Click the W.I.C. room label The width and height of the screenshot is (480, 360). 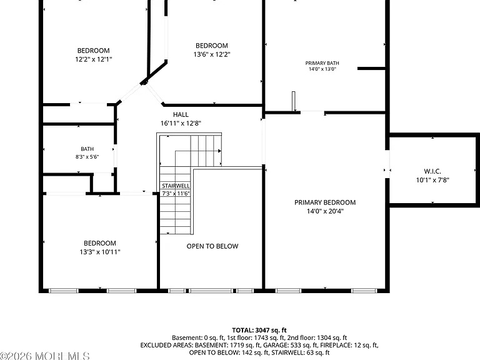click(x=432, y=171)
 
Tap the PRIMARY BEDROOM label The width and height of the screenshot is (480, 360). click(x=325, y=202)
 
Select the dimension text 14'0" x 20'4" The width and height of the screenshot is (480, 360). click(x=325, y=211)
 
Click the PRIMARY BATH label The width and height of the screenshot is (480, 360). click(x=322, y=63)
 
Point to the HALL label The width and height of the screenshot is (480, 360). click(x=181, y=114)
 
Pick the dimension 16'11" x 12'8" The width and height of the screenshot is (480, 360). click(x=181, y=123)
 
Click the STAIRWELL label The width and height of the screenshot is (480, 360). click(x=176, y=186)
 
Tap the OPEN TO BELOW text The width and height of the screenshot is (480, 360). click(x=212, y=246)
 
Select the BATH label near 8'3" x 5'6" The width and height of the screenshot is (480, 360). click(x=87, y=149)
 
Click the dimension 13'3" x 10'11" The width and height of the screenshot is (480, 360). click(x=100, y=252)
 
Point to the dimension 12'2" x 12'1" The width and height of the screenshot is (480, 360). click(x=94, y=59)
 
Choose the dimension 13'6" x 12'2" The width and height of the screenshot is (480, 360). click(x=212, y=54)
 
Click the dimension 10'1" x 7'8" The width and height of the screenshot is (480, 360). click(x=432, y=180)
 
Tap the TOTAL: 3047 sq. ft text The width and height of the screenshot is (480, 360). click(x=259, y=330)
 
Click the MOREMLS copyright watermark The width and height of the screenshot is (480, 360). click(x=45, y=356)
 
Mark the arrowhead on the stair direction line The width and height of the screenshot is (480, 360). click(x=219, y=151)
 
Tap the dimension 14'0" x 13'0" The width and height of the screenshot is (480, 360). click(x=322, y=69)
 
